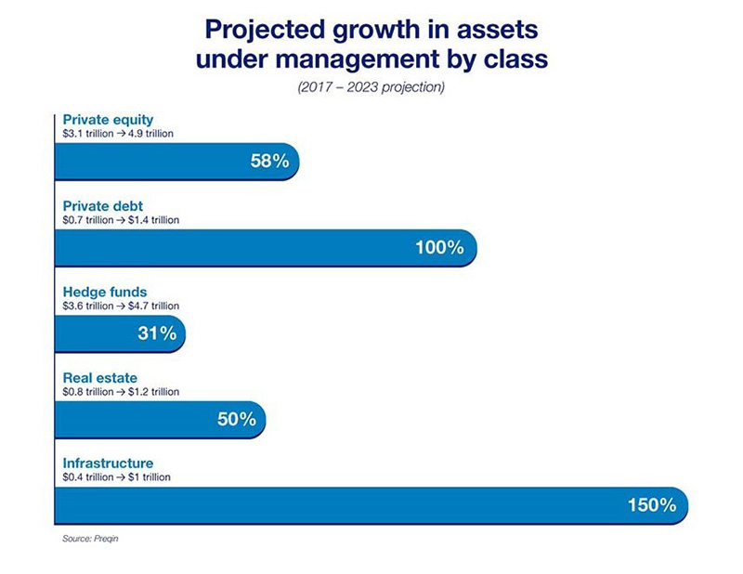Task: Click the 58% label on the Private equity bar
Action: pos(269,161)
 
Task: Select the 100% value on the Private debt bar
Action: pos(438,247)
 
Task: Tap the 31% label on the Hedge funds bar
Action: pos(157,333)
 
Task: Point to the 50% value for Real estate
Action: pos(236,419)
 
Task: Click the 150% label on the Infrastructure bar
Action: pos(650,505)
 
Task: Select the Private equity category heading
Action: pos(108,120)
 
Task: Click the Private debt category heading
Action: pos(101,206)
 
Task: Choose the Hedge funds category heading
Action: pos(104,293)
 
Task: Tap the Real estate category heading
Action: pos(99,378)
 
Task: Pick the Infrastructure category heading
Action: pos(108,463)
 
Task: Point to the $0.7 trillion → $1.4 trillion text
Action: pos(121,220)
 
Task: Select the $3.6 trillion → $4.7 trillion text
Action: pos(121,306)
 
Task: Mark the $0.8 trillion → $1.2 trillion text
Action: pos(121,392)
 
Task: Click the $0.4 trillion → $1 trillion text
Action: pos(116,477)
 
